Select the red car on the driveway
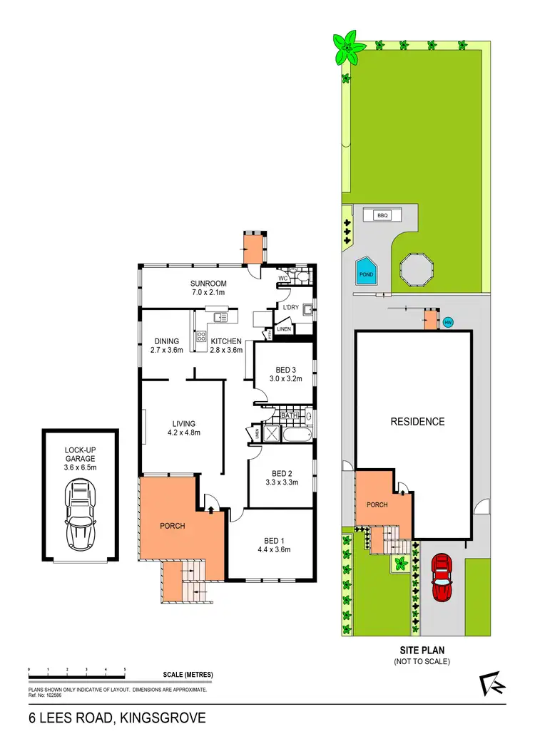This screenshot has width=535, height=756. (442, 578)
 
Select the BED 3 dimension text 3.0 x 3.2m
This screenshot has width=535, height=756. (285, 379)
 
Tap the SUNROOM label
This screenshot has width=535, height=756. (208, 284)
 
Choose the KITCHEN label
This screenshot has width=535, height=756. (226, 341)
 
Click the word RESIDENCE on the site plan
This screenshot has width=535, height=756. (417, 422)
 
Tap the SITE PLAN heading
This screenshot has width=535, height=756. (423, 651)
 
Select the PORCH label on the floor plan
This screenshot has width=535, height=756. (172, 526)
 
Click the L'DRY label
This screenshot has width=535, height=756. (290, 307)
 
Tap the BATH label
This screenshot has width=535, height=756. (288, 415)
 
